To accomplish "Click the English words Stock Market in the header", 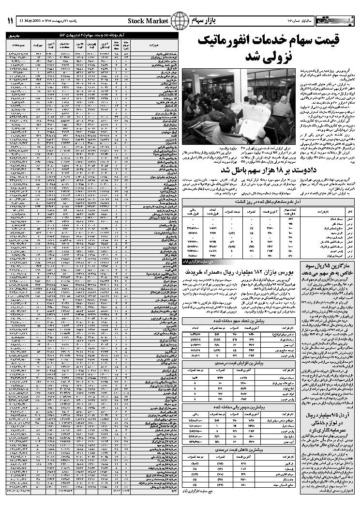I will [x=149, y=21].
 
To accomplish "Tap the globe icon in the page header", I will [x=180, y=21].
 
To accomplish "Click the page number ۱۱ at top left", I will [x=10, y=21].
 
